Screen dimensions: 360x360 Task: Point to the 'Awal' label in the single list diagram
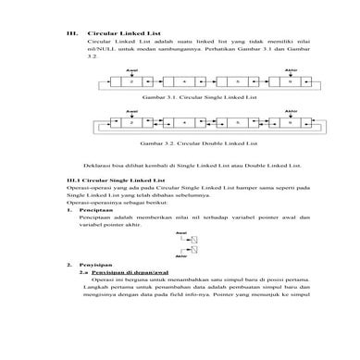[132, 70]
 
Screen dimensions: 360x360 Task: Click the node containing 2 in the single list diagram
[133, 81]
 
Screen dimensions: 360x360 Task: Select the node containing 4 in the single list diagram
[186, 81]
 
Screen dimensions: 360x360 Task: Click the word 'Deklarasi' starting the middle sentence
[98, 163]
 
